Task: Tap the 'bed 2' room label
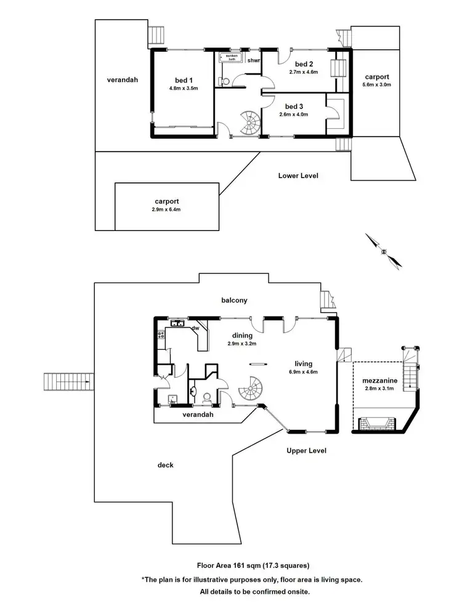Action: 304,64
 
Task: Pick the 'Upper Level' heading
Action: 306,450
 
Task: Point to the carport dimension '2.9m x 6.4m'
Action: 167,209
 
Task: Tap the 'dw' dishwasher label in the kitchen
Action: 195,329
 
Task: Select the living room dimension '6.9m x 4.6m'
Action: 303,371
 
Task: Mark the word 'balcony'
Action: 234,301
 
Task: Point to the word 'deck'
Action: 165,465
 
